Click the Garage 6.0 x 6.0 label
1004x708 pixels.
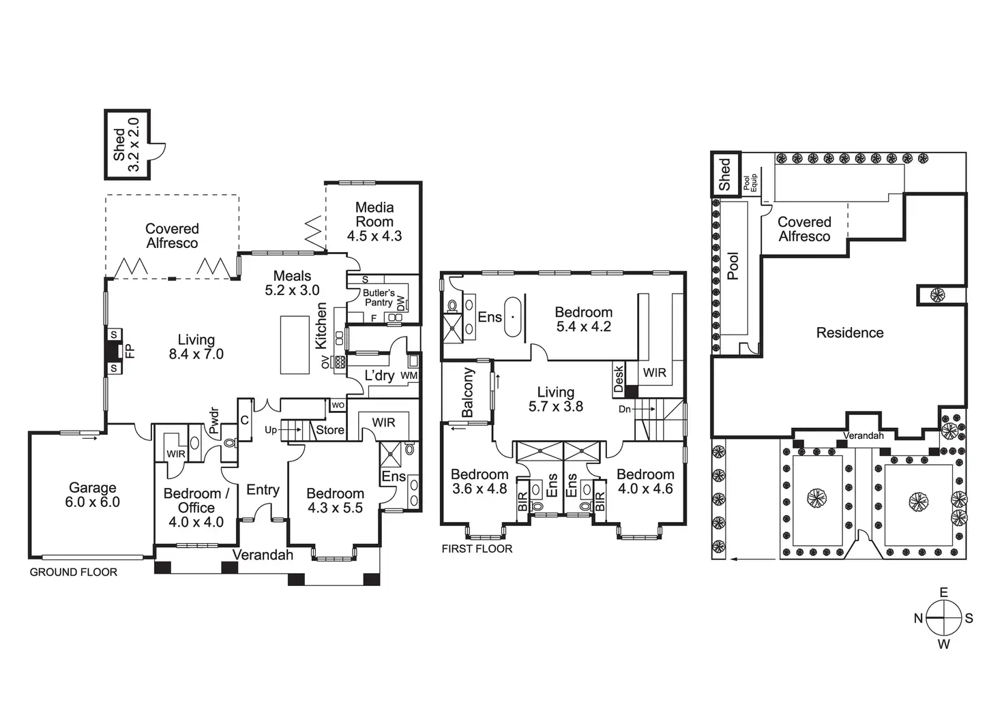(x=93, y=495)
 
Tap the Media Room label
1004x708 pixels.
(x=374, y=221)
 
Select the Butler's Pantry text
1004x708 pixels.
(x=379, y=298)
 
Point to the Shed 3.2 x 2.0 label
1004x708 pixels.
(x=126, y=144)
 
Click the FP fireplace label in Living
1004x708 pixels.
(x=130, y=351)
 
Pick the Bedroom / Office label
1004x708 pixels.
(x=196, y=508)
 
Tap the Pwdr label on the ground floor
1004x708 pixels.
(x=213, y=420)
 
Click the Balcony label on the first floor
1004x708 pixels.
(x=467, y=393)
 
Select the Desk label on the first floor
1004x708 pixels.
(x=619, y=378)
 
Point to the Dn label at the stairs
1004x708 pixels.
(x=625, y=409)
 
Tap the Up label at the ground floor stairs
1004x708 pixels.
(x=271, y=430)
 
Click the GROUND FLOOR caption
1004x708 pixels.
(x=73, y=572)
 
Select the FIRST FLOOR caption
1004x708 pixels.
(x=477, y=549)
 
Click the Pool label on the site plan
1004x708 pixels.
(x=733, y=266)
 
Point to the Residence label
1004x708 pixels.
(x=850, y=333)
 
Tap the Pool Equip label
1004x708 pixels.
(x=750, y=182)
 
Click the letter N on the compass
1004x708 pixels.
(x=919, y=619)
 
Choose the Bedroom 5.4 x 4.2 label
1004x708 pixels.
(x=583, y=319)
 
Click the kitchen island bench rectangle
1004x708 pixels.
(x=295, y=344)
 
